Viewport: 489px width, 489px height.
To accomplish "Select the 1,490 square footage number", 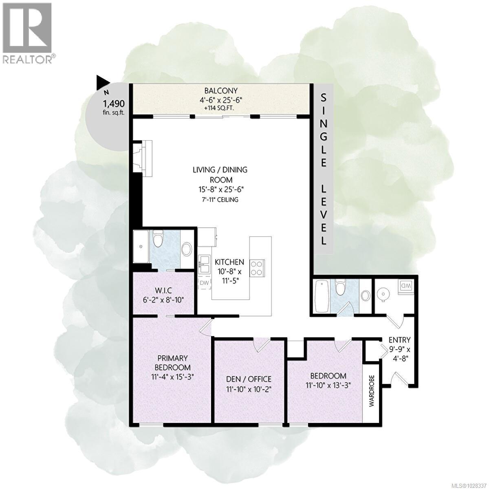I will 113,103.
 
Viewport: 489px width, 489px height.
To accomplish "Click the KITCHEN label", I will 229,262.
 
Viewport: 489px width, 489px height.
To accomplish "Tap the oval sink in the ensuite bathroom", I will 187,249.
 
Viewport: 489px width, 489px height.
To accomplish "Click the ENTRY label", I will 399,340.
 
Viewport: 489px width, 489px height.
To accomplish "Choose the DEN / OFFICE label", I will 249,379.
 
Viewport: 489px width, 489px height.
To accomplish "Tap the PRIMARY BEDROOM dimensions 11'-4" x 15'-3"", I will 171,377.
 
